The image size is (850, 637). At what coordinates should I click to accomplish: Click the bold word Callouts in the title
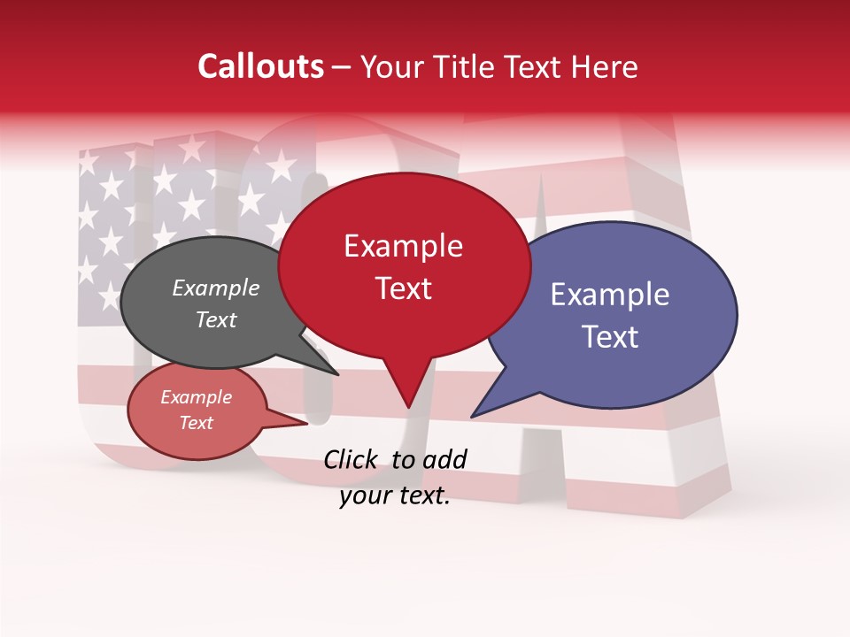(260, 66)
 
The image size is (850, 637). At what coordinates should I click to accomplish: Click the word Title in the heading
(461, 66)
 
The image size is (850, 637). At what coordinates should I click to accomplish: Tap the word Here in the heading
(605, 66)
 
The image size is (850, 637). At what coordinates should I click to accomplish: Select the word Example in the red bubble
(403, 246)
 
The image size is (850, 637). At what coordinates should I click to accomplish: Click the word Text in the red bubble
(403, 288)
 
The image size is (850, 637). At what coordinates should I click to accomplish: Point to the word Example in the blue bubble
(610, 295)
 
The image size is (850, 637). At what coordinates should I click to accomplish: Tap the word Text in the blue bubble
(610, 337)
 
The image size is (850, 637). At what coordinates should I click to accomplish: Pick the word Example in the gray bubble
(215, 288)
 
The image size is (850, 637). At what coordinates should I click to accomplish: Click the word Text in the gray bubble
(215, 319)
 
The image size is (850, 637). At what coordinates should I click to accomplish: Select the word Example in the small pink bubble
(196, 397)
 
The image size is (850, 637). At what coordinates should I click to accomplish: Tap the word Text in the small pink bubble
(196, 423)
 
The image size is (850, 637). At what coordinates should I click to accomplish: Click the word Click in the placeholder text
(352, 458)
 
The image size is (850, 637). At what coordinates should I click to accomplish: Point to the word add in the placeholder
(444, 458)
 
